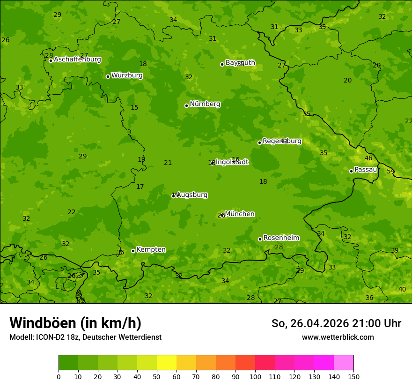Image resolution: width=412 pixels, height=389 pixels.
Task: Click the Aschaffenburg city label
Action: pyautogui.click(x=77, y=60)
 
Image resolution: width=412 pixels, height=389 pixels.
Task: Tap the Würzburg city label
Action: pyautogui.click(x=127, y=75)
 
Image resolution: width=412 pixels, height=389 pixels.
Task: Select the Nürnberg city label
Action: pyautogui.click(x=205, y=104)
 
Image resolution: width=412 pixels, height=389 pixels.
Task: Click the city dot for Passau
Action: pyautogui.click(x=351, y=171)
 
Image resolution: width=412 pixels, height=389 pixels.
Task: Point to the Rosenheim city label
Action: pyautogui.click(x=281, y=238)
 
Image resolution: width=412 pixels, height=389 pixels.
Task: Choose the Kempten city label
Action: pyautogui.click(x=151, y=250)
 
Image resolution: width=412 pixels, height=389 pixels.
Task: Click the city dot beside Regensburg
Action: pyautogui.click(x=259, y=142)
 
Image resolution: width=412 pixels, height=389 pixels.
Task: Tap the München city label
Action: pyautogui.click(x=240, y=214)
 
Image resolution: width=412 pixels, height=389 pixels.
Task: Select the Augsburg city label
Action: pyautogui.click(x=192, y=195)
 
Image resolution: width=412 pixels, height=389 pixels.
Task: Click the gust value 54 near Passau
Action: pyautogui.click(x=390, y=171)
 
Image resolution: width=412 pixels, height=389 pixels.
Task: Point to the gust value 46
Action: pyautogui.click(x=368, y=158)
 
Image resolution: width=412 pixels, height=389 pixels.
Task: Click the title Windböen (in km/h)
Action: pyautogui.click(x=75, y=323)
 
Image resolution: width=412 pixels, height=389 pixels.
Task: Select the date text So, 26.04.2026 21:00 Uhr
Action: pyautogui.click(x=336, y=323)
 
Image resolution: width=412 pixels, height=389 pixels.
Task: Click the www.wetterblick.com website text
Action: pyautogui.click(x=338, y=337)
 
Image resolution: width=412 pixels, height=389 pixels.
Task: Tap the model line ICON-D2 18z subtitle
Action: pyautogui.click(x=85, y=337)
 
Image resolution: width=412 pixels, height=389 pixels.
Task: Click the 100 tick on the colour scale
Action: pyautogui.click(x=255, y=376)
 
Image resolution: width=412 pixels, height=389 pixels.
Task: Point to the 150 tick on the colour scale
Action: pyautogui.click(x=353, y=376)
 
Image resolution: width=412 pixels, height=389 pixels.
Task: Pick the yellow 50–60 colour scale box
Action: pyautogui.click(x=167, y=363)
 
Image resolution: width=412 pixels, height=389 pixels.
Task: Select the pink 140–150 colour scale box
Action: pyautogui.click(x=344, y=363)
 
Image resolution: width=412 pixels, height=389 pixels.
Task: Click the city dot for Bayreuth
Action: pyautogui.click(x=222, y=64)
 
